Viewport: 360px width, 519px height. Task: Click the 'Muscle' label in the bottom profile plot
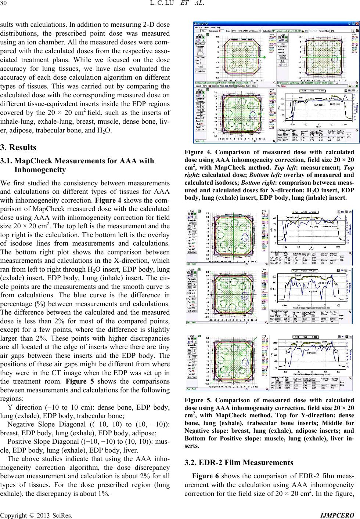(x=301, y=342)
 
